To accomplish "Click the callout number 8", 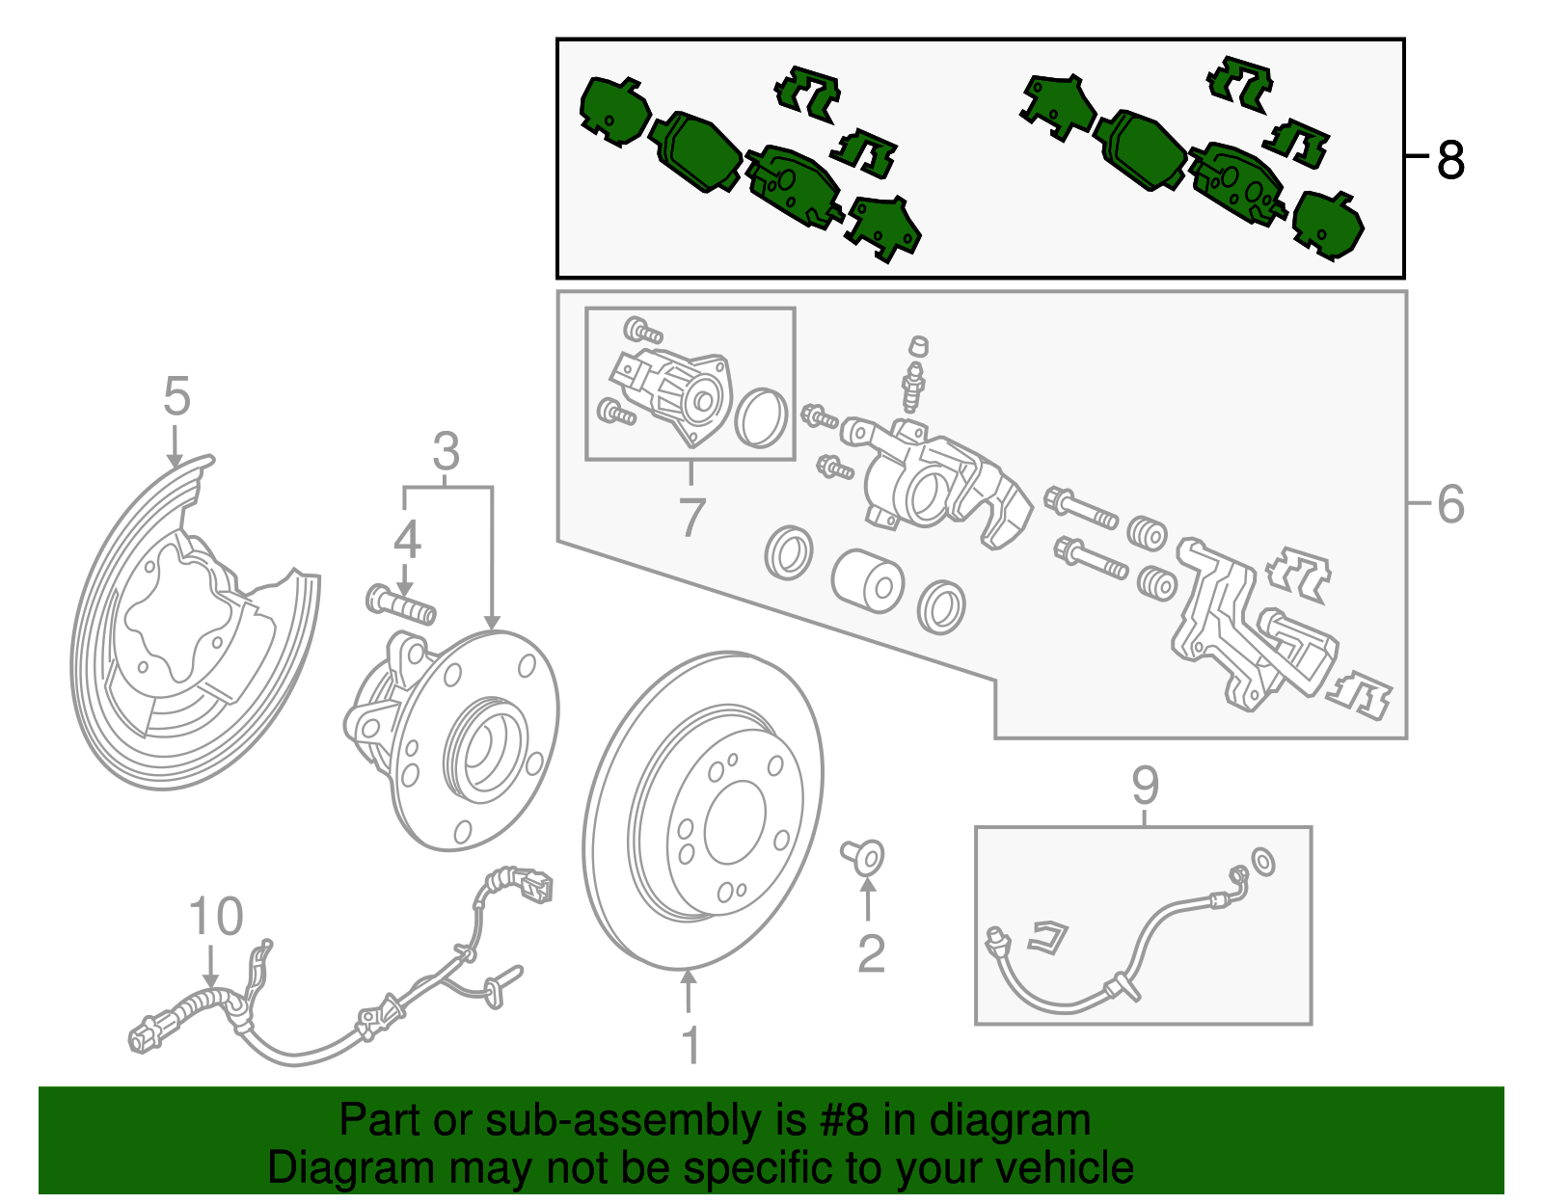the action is tap(1450, 160).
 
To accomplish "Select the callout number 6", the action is tap(1450, 504).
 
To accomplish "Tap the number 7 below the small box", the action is tap(691, 517).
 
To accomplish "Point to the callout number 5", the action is tap(176, 395).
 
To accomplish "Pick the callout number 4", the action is tap(407, 540).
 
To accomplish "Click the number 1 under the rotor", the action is tap(690, 1045).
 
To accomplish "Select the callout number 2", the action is tap(871, 954).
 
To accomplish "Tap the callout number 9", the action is tap(1145, 786).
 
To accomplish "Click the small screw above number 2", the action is tap(863, 857).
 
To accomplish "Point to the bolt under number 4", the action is tap(400, 604).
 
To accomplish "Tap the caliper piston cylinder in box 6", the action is tap(867, 581).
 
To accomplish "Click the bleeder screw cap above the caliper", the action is tap(918, 345).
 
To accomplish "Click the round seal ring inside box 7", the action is tap(761, 418).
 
